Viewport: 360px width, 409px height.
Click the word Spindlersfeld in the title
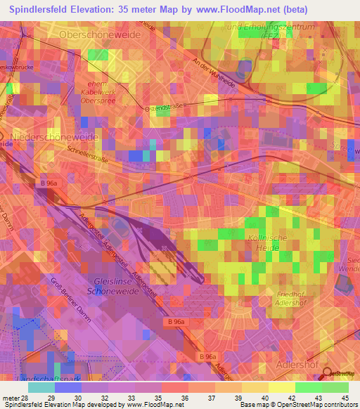[x=46, y=8]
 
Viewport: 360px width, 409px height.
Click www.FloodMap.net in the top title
[x=260, y=8]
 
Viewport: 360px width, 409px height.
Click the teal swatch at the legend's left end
[x=41, y=387]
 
